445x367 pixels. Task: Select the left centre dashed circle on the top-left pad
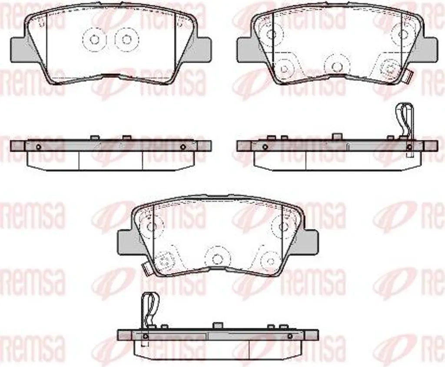click(x=94, y=40)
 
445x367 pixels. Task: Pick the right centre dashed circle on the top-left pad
click(x=126, y=39)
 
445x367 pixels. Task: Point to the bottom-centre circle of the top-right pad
click(x=337, y=66)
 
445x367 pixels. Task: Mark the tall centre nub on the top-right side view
click(x=337, y=137)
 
